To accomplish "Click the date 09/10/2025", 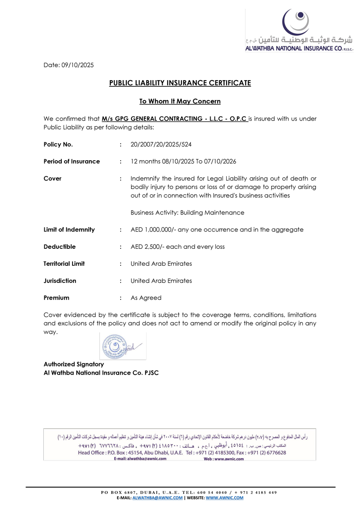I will (78, 65).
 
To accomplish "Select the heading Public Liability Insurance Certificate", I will (180, 83).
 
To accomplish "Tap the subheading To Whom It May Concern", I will (180, 101).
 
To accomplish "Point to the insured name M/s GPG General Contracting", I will (174, 119).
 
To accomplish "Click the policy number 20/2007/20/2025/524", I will (161, 145).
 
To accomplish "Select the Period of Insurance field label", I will (72, 162).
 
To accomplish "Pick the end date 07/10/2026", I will (220, 162).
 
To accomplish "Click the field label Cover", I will (52, 179).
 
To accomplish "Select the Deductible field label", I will (59, 247).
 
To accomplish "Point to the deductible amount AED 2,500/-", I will (147, 247).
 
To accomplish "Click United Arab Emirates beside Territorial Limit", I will (161, 264).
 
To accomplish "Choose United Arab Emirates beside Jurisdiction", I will (161, 281).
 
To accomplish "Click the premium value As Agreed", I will (146, 298).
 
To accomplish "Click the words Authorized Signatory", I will (74, 364).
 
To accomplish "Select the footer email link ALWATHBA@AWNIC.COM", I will (157, 498).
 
